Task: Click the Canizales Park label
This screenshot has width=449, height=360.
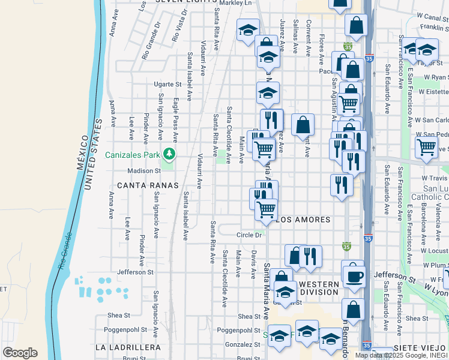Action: click(133, 155)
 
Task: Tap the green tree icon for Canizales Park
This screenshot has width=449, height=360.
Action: click(169, 155)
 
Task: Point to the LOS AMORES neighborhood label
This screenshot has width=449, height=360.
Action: click(303, 220)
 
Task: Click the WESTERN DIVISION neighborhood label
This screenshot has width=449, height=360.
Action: click(319, 288)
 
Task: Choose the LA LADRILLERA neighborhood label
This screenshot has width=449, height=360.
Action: click(128, 347)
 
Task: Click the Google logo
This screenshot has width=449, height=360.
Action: click(20, 353)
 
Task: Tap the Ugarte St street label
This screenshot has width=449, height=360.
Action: click(167, 85)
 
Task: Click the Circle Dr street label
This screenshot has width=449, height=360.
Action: click(250, 235)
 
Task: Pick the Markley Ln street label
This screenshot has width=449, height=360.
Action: click(238, 3)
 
